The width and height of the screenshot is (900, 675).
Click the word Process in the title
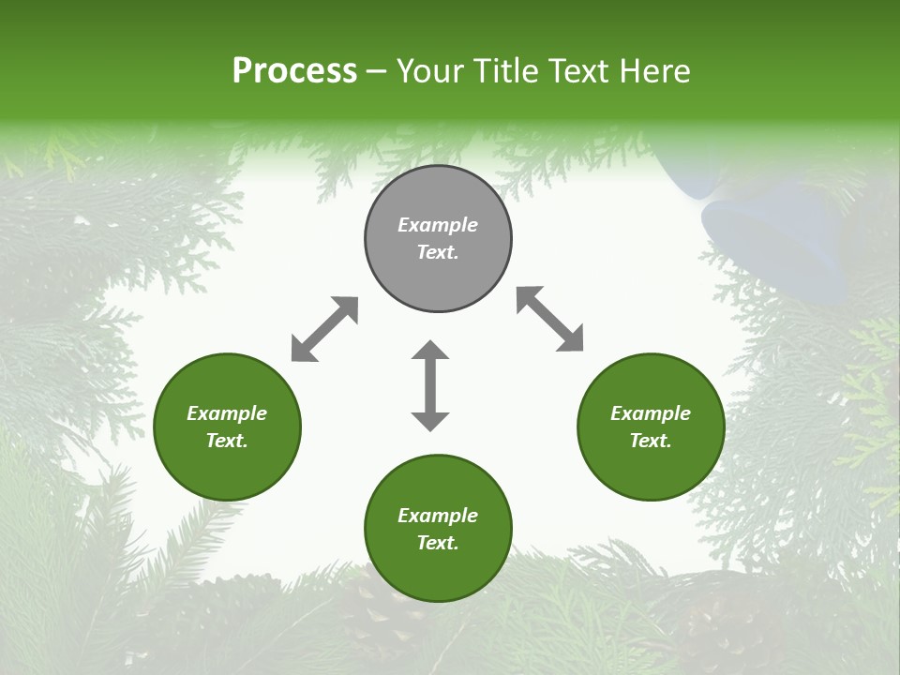[294, 71]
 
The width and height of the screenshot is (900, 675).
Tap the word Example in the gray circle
[438, 225]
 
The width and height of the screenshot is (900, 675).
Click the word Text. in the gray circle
[438, 252]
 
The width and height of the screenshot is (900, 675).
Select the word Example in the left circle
[227, 413]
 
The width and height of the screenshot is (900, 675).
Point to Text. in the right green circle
[651, 441]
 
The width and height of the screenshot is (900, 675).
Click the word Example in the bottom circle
[438, 516]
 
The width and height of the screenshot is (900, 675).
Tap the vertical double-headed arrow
[430, 385]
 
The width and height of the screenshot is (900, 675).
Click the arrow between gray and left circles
[324, 329]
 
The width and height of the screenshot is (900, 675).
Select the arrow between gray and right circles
[549, 319]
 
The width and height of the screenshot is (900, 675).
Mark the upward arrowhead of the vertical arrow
[430, 351]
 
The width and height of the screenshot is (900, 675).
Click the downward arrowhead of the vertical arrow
[430, 421]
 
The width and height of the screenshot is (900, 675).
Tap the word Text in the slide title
[576, 71]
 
